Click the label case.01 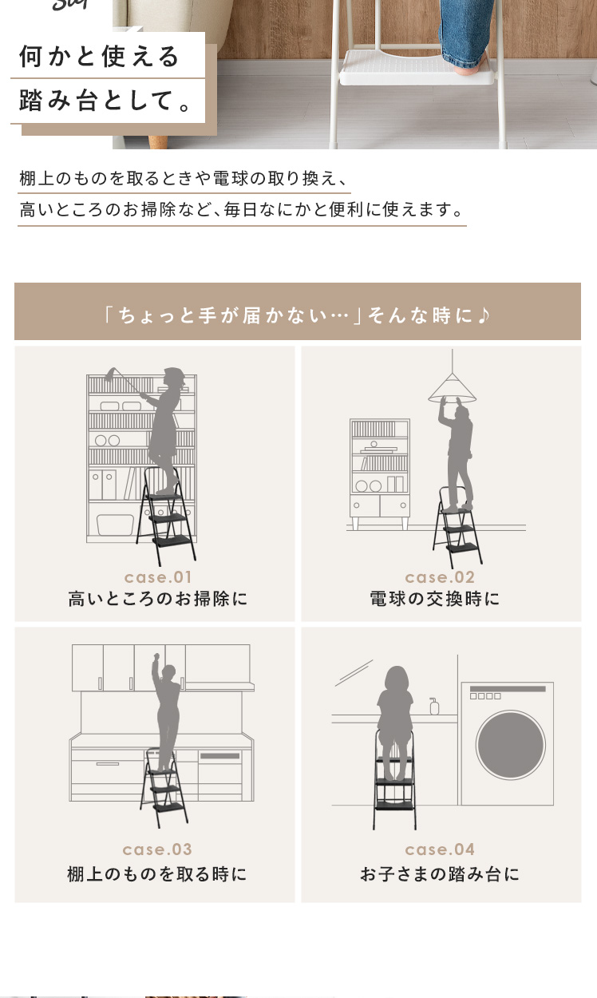(x=158, y=577)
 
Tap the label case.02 (x=440, y=577)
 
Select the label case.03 (x=157, y=849)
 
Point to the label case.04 (x=440, y=849)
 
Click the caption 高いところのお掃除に (x=158, y=599)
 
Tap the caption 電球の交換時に (x=435, y=599)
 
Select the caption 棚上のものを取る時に (x=156, y=874)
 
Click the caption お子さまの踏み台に (x=440, y=874)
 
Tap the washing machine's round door (x=511, y=745)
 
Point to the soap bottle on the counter (x=434, y=706)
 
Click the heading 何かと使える (x=99, y=57)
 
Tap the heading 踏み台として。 (x=105, y=101)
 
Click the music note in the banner (x=484, y=315)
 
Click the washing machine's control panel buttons (x=485, y=696)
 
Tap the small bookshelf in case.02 (x=380, y=473)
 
